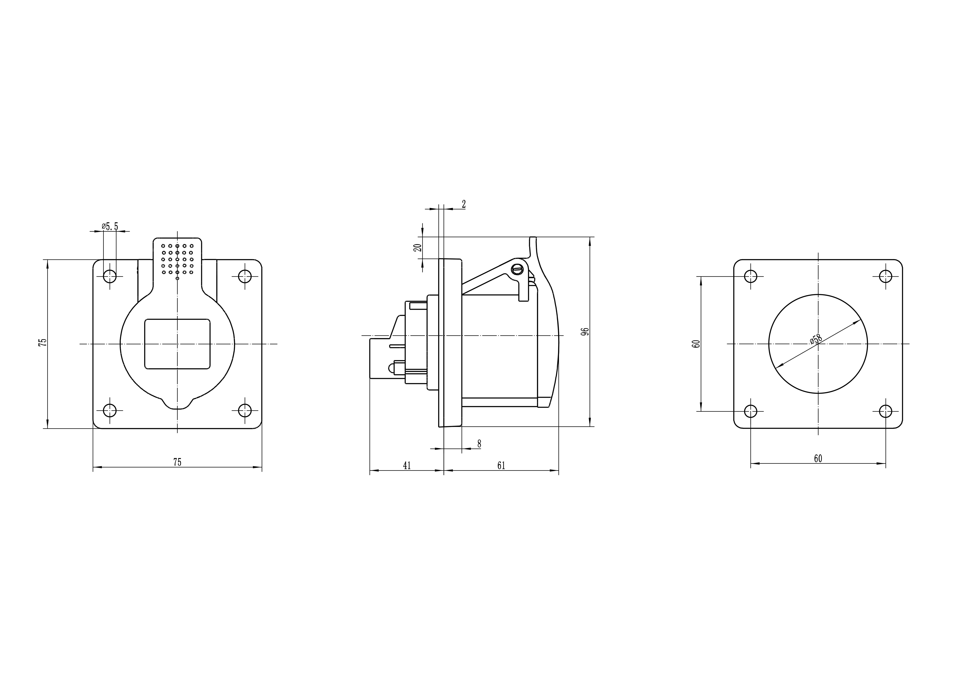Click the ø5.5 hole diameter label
click(110, 226)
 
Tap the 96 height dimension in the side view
click(585, 332)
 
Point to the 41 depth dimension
click(407, 465)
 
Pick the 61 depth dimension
click(501, 465)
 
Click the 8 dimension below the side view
click(479, 444)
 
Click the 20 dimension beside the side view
click(418, 248)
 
